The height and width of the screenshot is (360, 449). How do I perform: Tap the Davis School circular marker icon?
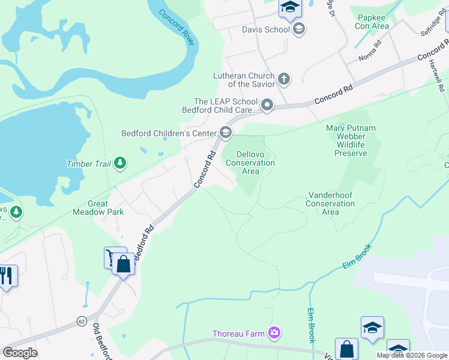tap(299, 29)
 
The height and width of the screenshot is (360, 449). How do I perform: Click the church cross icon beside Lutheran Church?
tap(283, 78)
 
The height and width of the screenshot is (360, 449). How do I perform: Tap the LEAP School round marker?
tap(267, 106)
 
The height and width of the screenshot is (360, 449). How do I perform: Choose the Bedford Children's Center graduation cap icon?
tap(226, 133)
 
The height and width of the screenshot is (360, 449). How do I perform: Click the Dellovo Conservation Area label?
tap(251, 163)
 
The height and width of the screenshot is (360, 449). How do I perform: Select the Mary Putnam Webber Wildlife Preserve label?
tap(351, 140)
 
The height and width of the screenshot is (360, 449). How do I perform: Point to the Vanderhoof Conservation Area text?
tap(330, 203)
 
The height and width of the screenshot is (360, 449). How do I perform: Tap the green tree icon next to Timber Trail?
tap(120, 163)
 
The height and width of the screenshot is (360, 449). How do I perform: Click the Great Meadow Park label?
tap(98, 208)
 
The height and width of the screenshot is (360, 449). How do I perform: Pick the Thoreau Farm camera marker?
tap(274, 332)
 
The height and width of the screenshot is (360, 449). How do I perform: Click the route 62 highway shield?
tap(82, 322)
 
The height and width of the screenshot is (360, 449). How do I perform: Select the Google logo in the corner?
tap(20, 353)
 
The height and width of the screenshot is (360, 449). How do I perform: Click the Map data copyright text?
tap(411, 355)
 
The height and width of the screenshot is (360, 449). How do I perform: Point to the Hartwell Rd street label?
tap(441, 78)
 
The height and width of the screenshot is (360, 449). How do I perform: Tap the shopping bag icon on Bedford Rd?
tap(124, 263)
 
